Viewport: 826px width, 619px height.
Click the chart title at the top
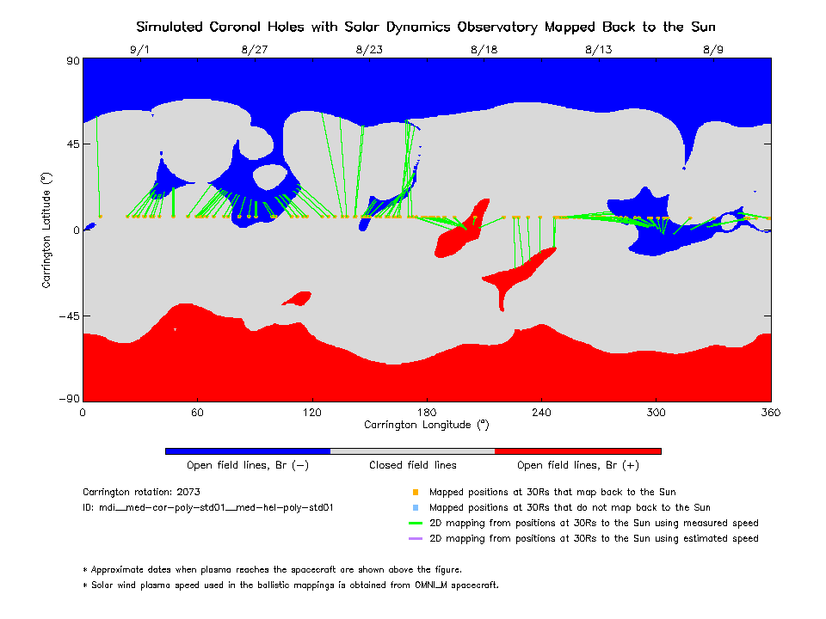pos(426,27)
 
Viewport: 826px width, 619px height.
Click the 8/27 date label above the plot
pos(255,50)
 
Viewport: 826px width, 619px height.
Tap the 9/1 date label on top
pos(139,50)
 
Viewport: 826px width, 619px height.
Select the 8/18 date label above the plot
pos(484,50)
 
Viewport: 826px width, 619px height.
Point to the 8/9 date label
pos(713,50)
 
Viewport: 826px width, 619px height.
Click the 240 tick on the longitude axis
pos(541,413)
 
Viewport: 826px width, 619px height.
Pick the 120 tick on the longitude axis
pos(311,413)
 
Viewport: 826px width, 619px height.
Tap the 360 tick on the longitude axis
pos(771,413)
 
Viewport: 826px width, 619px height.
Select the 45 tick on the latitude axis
pos(70,144)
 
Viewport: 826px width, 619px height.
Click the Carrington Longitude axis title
pos(426,425)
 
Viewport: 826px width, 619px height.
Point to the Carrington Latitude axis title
pos(46,230)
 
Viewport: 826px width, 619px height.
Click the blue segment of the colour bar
pos(248,450)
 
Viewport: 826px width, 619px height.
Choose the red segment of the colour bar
pos(577,450)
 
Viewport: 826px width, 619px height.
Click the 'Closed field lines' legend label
pos(413,465)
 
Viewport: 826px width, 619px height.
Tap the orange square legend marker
pos(415,493)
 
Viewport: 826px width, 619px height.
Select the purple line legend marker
pos(415,539)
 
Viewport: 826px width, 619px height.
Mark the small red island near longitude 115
pos(298,298)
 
